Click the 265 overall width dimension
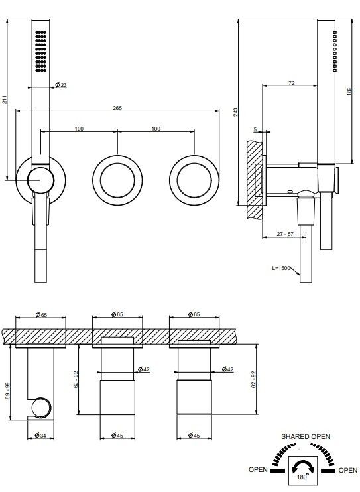[117, 108]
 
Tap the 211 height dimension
[4, 99]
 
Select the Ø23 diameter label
[61, 85]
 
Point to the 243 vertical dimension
[235, 112]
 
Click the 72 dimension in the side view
[292, 83]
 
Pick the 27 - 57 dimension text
[285, 234]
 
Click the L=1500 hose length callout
[281, 268]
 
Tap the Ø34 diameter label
[40, 435]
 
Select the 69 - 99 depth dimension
[7, 391]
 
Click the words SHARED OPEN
[306, 436]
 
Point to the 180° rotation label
[302, 477]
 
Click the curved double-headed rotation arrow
[302, 466]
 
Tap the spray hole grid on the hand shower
[41, 51]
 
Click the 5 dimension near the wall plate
[255, 129]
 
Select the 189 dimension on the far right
[349, 92]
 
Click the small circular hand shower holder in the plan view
[41, 408]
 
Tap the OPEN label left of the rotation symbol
[258, 469]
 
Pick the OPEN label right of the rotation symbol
[348, 470]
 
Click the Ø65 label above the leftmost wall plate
[41, 314]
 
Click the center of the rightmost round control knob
[194, 180]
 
